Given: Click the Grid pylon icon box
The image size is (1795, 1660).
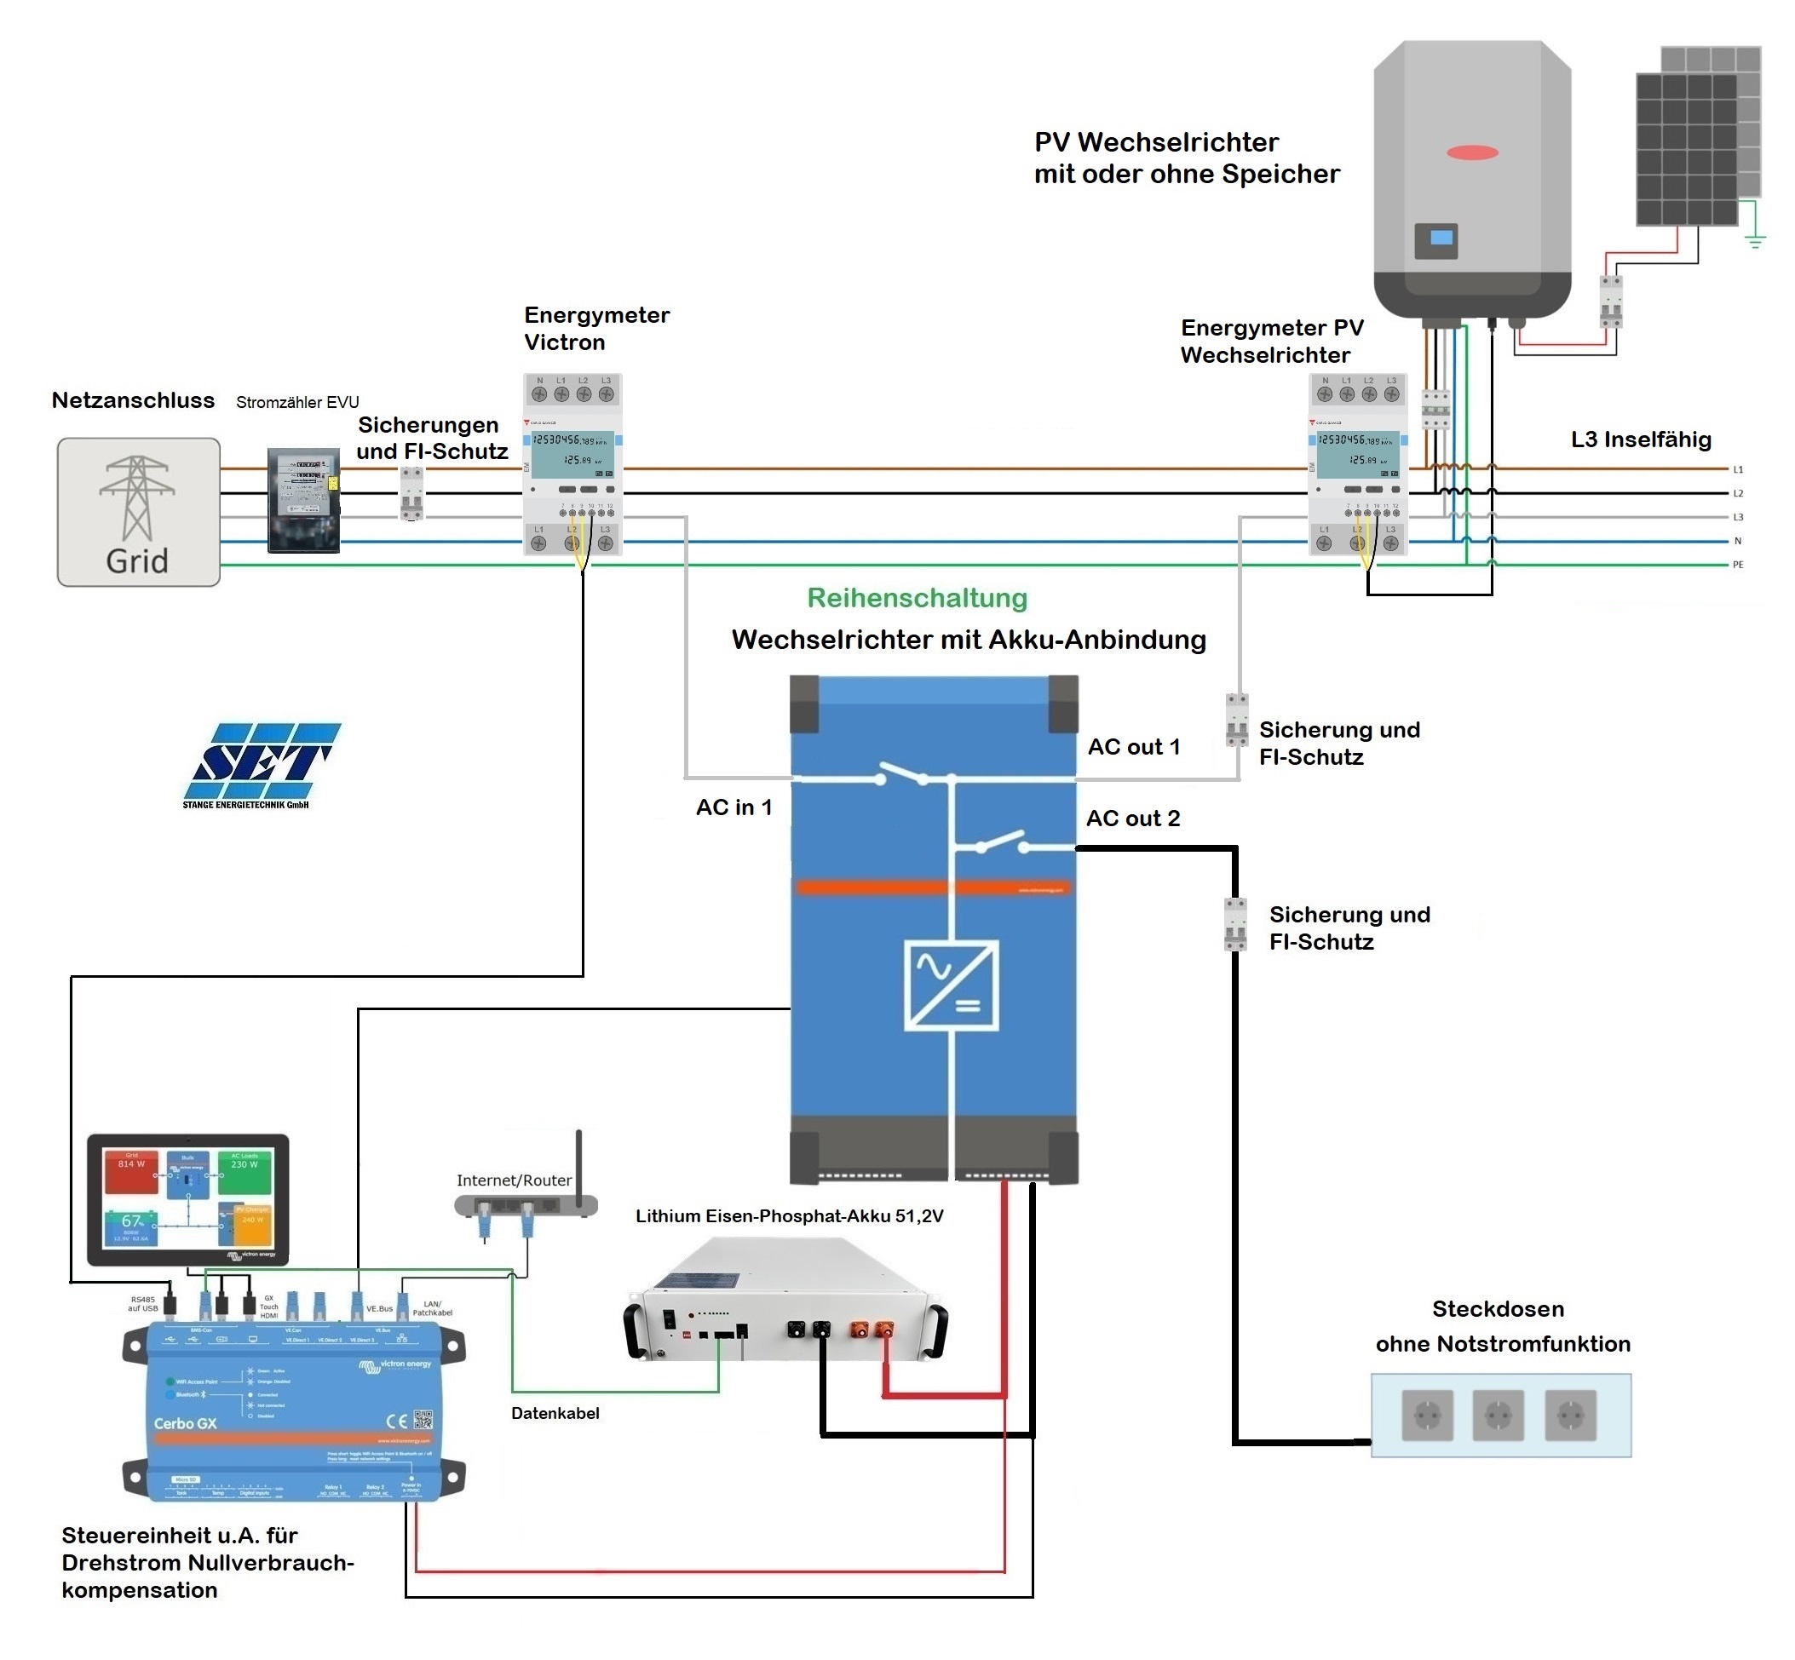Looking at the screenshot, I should [x=138, y=512].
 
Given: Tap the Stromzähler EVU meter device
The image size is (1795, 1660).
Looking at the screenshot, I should [x=303, y=499].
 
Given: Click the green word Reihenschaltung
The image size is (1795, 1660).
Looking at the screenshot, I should [x=917, y=598].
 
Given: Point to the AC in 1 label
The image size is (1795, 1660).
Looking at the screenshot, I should [x=734, y=807].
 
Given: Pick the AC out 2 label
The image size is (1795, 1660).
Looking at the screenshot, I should [x=1132, y=819].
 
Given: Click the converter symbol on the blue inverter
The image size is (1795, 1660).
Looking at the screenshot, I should [x=951, y=985].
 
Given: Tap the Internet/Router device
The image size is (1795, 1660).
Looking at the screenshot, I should [x=526, y=1204].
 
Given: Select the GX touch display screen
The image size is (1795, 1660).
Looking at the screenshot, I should [x=187, y=1199].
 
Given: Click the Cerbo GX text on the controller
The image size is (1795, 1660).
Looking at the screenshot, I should [x=185, y=1424].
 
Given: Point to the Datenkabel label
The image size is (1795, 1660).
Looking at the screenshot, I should [x=555, y=1413].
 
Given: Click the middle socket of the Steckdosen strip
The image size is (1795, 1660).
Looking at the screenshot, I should [x=1498, y=1415].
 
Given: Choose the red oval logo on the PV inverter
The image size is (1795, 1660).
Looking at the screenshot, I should [x=1471, y=152].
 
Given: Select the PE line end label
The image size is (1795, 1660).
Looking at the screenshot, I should [x=1738, y=565].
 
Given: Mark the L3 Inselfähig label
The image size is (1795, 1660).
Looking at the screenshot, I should [x=1641, y=439].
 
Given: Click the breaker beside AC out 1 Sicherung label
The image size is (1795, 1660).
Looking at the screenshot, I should [x=1237, y=721].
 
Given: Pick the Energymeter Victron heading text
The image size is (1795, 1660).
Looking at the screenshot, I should [x=596, y=328].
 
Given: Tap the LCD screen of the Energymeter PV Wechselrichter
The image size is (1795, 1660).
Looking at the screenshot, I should [x=1357, y=451].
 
